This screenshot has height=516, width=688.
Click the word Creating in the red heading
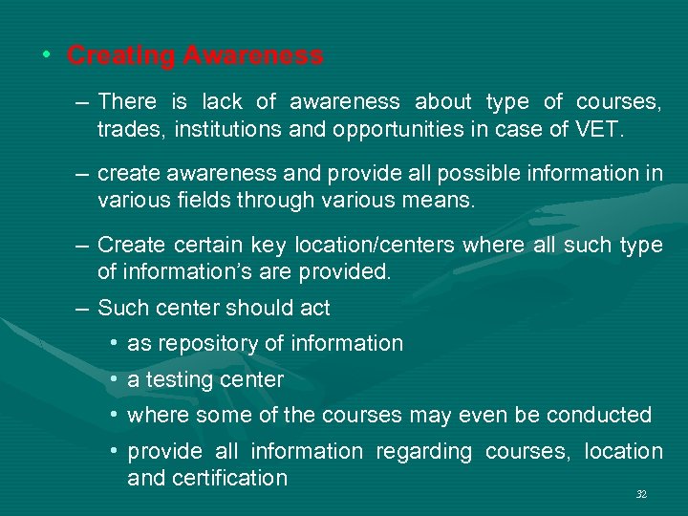point(119,56)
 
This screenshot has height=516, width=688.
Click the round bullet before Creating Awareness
point(47,55)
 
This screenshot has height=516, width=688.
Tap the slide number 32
point(641,494)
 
